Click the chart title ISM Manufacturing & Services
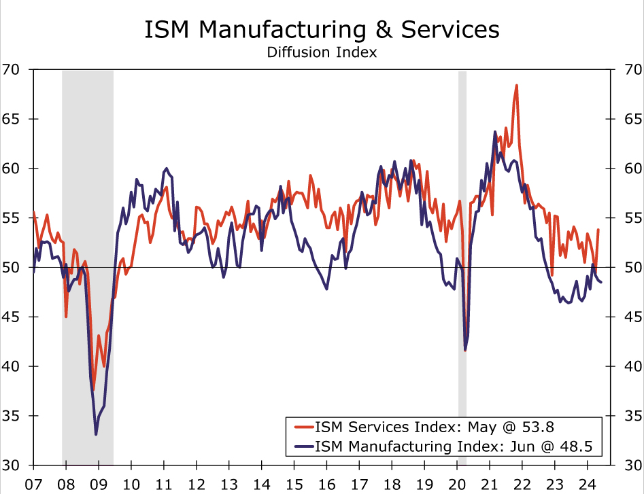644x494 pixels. pyautogui.click(x=322, y=30)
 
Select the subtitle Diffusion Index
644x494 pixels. pyautogui.click(x=322, y=52)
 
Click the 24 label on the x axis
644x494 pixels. pyautogui.click(x=587, y=484)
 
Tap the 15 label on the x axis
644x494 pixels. pyautogui.click(x=294, y=484)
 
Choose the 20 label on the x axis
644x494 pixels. pyautogui.click(x=457, y=484)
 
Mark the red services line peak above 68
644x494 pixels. pyautogui.click(x=517, y=86)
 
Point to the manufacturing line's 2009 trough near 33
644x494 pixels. pyautogui.click(x=96, y=434)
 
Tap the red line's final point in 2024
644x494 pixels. pyautogui.click(x=598, y=230)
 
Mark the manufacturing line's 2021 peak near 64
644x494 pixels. pyautogui.click(x=495, y=132)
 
